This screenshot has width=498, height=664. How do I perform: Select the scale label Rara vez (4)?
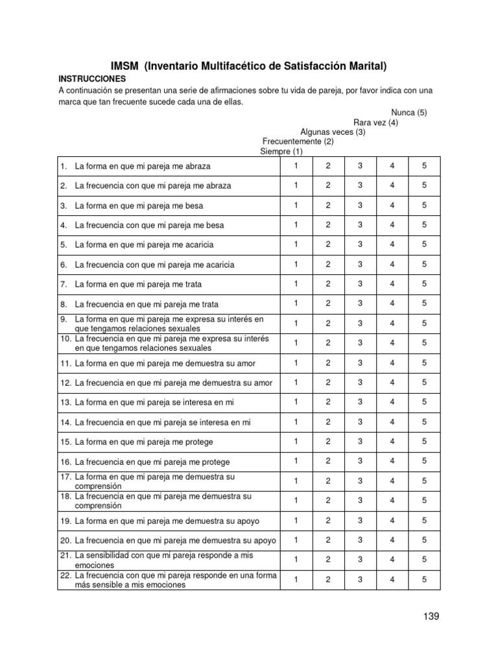pyautogui.click(x=375, y=122)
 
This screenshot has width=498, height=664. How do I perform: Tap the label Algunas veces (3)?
pyautogui.click(x=333, y=132)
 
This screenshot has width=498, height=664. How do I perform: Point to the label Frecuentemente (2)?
pyautogui.click(x=298, y=141)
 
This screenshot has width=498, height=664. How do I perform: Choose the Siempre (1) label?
pyautogui.click(x=281, y=151)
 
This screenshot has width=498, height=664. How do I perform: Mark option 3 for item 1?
pyautogui.click(x=360, y=165)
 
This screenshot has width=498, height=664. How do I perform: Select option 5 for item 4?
pyautogui.click(x=424, y=224)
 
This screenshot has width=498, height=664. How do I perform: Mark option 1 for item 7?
pyautogui.click(x=296, y=283)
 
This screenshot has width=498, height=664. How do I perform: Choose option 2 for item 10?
pyautogui.click(x=328, y=342)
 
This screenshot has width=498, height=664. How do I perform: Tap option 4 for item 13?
pyautogui.click(x=392, y=401)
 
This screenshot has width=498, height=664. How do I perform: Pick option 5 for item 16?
pyautogui.click(x=424, y=461)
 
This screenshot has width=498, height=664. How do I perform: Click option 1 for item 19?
pyautogui.click(x=296, y=520)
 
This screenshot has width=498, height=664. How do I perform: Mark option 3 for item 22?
pyautogui.click(x=360, y=579)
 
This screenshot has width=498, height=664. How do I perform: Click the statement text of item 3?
pyautogui.click(x=139, y=206)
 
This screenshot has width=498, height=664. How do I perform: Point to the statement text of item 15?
pyautogui.click(x=144, y=442)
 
